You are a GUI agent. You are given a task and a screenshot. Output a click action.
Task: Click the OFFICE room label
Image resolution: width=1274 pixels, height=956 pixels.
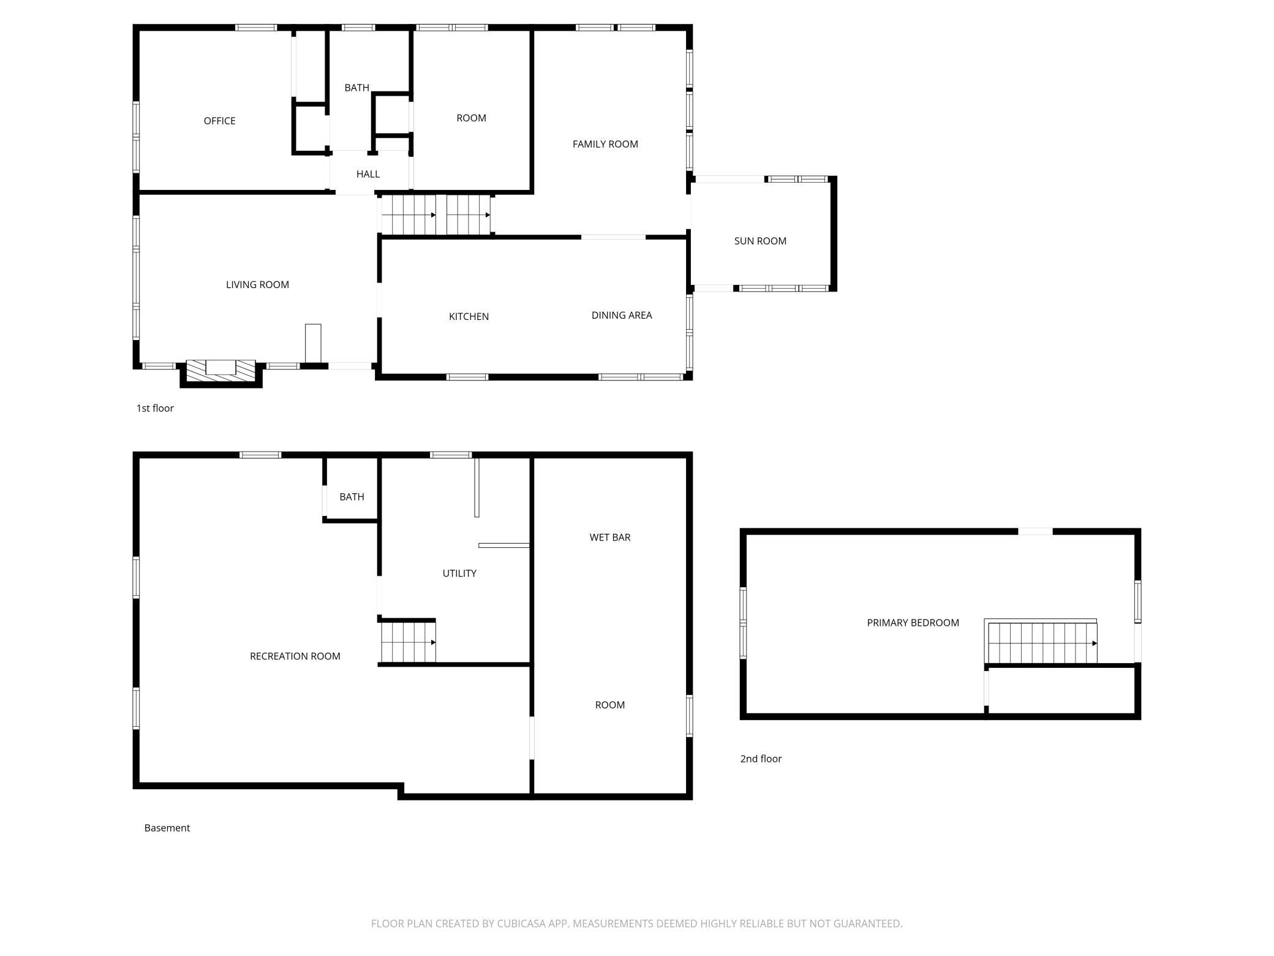(219, 121)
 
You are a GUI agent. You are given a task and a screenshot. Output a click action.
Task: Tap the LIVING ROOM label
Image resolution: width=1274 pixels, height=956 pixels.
(257, 284)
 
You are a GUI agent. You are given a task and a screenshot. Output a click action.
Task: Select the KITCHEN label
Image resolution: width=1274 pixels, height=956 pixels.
(469, 316)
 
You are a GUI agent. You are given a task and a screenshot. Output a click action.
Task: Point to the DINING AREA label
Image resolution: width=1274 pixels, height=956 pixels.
(622, 315)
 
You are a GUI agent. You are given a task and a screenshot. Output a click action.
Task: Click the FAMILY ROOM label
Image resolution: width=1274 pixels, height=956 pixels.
(605, 144)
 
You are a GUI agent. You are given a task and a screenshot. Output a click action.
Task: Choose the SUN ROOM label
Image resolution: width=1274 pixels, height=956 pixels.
(760, 241)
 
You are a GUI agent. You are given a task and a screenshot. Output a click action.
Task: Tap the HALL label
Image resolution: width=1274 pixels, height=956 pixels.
(368, 174)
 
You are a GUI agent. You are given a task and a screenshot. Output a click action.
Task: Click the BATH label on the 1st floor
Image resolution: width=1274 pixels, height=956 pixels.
(356, 88)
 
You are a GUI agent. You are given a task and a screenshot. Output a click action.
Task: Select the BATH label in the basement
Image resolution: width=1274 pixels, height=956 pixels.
(352, 496)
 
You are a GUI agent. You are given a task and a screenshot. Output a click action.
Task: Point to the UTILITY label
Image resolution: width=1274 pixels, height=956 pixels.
(459, 573)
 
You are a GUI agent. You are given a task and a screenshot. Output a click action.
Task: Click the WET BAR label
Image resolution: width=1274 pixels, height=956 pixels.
(610, 537)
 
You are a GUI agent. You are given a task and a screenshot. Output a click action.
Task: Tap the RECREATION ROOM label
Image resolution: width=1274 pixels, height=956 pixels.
(295, 656)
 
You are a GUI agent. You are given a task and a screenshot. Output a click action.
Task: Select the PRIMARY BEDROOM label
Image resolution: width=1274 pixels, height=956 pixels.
(913, 623)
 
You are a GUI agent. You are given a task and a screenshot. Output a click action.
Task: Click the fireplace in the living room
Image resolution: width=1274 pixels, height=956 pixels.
(221, 371)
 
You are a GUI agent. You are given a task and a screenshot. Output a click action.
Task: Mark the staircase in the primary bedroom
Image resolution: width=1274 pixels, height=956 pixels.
(1041, 642)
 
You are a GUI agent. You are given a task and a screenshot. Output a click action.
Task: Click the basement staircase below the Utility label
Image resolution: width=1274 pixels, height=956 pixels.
(408, 642)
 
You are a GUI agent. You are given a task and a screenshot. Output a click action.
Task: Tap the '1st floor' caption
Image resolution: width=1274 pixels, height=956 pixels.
(155, 408)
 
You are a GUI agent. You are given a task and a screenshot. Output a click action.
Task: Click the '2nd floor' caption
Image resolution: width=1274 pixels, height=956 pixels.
(761, 759)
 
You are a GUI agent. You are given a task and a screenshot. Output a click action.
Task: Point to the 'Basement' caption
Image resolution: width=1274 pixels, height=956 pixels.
(167, 828)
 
